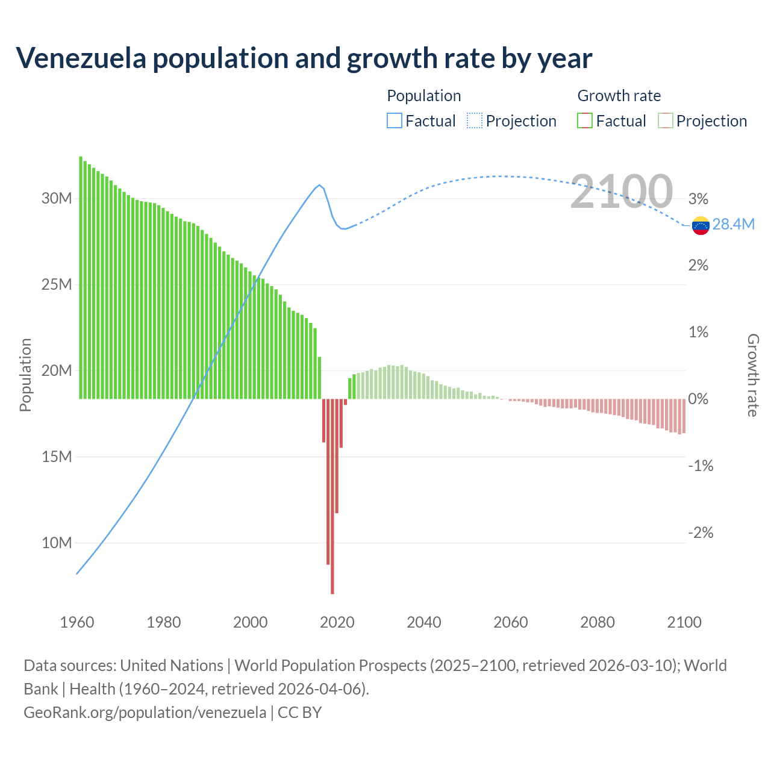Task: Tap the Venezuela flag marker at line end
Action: (x=701, y=225)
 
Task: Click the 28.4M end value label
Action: (x=733, y=225)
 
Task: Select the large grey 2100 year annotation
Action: (x=621, y=192)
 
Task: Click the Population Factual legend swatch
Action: (x=394, y=121)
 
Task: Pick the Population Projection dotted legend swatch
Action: (x=475, y=121)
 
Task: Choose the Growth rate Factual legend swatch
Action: (x=585, y=121)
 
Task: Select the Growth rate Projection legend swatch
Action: (x=666, y=121)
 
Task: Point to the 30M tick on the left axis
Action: (x=57, y=198)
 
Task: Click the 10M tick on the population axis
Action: (x=57, y=543)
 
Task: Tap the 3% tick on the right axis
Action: (x=698, y=199)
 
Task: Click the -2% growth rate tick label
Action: (x=701, y=532)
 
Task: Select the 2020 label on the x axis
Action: (x=337, y=622)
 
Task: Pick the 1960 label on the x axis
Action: (x=77, y=622)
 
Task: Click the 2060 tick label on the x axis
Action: (x=511, y=622)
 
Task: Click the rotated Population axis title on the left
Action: (x=25, y=375)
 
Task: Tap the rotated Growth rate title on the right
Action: (x=752, y=375)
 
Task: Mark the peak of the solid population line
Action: (x=320, y=185)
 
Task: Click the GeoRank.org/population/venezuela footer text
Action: (x=145, y=713)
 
